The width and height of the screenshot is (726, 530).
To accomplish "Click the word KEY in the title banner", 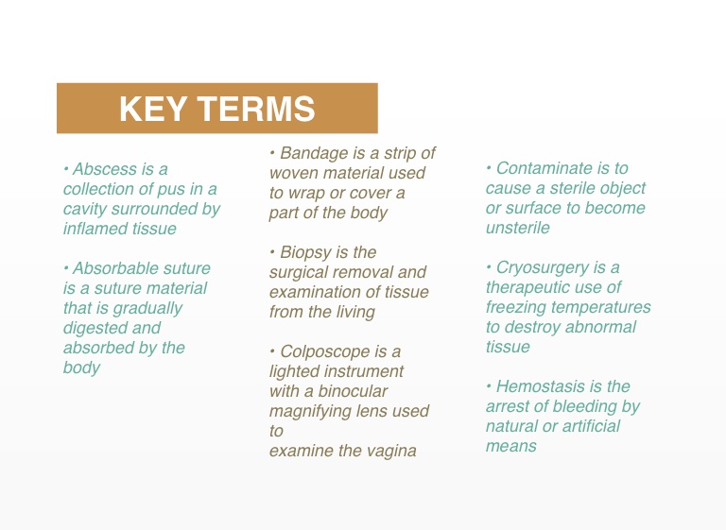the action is tap(153, 109).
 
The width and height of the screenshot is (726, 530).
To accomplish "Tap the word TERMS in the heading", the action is tap(256, 109).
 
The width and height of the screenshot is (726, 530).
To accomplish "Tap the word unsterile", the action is tap(518, 228).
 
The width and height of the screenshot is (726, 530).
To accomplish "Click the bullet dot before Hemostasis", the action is tap(489, 385).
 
